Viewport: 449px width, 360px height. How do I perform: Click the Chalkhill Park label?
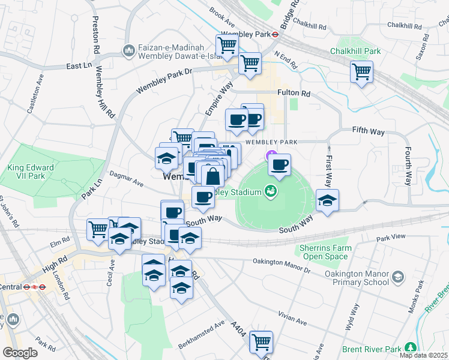[x=355, y=51]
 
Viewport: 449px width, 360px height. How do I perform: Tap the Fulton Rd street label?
[x=294, y=94]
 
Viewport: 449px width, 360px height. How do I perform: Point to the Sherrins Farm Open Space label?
[x=325, y=252]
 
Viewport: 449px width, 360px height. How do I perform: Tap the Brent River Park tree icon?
[x=411, y=347]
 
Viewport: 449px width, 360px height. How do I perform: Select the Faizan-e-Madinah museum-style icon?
[x=128, y=52]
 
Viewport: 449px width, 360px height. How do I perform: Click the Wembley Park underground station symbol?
[x=274, y=34]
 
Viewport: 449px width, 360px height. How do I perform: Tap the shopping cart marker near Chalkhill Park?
[x=361, y=73]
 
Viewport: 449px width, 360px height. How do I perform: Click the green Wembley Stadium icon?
[x=271, y=191]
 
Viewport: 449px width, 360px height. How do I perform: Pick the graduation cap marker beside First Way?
[x=327, y=200]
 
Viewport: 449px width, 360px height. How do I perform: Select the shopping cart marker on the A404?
[x=261, y=342]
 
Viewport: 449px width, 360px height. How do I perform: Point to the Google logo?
[x=20, y=352]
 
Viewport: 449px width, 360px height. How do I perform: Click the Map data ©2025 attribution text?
[x=424, y=355]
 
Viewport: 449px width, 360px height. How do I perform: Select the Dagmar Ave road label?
[x=130, y=182]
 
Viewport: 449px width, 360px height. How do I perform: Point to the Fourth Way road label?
[x=408, y=165]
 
